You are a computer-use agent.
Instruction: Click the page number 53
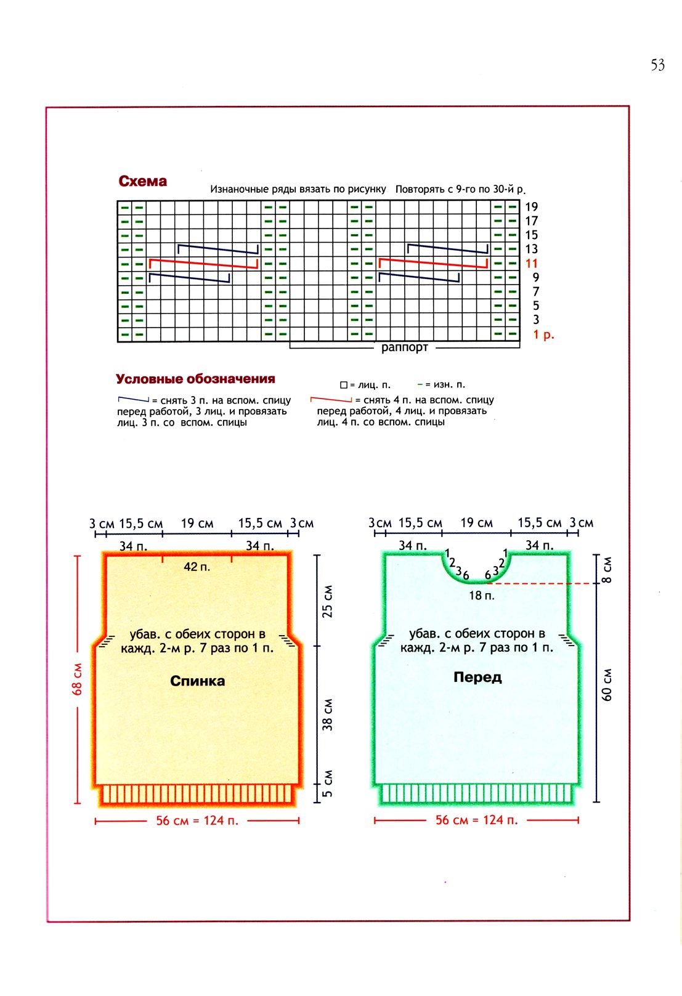click(657, 65)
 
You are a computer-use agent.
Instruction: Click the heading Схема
click(142, 181)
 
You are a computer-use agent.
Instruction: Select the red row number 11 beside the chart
click(531, 264)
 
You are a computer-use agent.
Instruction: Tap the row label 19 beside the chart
click(531, 207)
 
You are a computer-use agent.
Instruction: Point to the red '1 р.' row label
click(543, 334)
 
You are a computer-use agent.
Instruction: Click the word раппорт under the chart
click(404, 347)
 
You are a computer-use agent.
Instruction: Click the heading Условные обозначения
click(195, 379)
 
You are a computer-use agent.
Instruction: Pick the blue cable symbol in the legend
click(134, 400)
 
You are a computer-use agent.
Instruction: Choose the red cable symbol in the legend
click(331, 400)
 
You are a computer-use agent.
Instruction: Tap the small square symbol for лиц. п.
click(344, 385)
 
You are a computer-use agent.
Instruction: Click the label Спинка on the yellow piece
click(197, 681)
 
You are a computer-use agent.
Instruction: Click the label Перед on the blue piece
click(477, 677)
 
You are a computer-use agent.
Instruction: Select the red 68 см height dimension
click(78, 679)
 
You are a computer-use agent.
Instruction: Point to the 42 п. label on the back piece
click(197, 567)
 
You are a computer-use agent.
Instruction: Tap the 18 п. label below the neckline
click(481, 596)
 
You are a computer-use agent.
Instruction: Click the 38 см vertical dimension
click(328, 715)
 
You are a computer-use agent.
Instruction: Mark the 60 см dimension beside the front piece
click(607, 684)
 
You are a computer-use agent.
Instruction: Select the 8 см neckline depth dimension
click(607, 570)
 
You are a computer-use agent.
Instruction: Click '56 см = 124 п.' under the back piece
click(197, 820)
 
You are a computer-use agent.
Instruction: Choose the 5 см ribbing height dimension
click(328, 783)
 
